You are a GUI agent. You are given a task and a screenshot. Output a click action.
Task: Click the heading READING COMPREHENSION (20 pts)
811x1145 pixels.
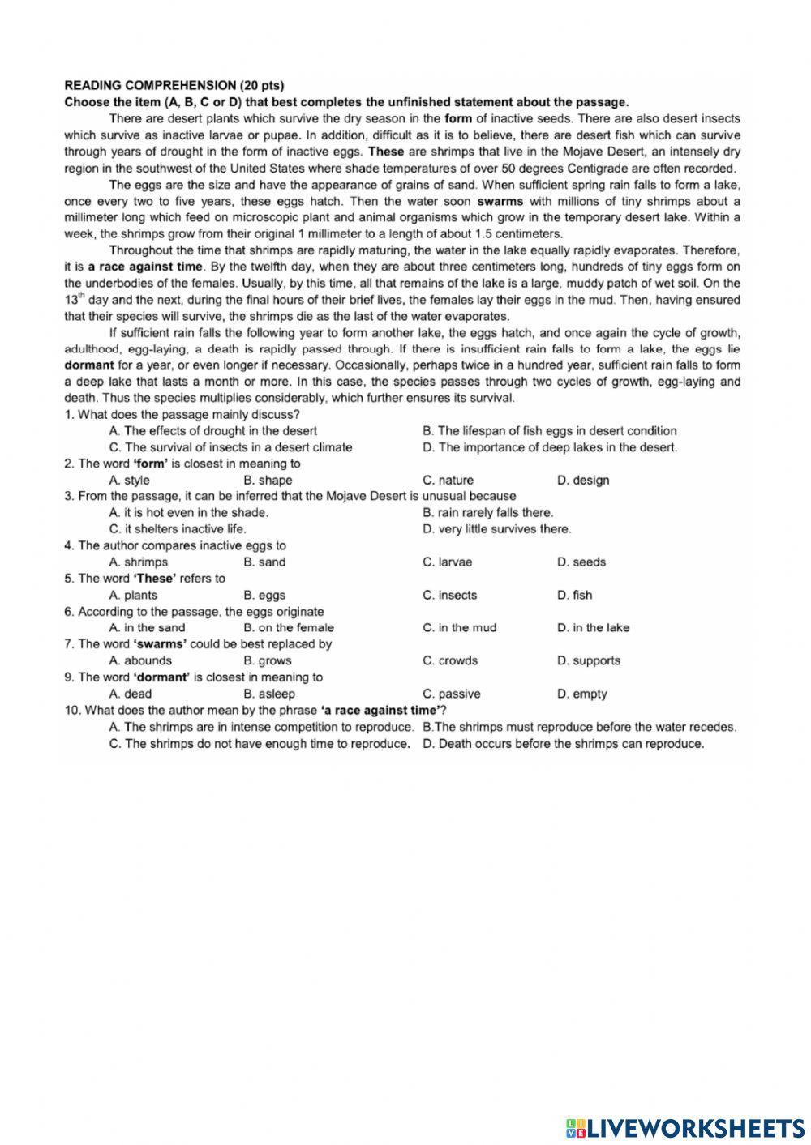coord(174,85)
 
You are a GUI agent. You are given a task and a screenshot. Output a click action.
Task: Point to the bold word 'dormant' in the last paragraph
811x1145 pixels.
coord(88,365)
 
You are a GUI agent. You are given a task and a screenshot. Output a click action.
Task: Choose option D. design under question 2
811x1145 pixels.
coord(582,480)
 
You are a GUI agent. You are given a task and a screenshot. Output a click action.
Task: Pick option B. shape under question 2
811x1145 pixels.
coord(268,480)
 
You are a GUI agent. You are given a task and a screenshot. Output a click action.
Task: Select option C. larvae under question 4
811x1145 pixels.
coord(447,562)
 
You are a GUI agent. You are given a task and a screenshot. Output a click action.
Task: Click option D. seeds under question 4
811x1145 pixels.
coord(581,562)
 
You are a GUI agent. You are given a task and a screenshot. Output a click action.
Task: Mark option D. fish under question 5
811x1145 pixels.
coord(574,595)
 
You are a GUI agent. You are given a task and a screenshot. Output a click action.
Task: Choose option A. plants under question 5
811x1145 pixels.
coord(133,595)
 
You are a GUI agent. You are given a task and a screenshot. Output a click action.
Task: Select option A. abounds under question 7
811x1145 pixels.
coord(139,660)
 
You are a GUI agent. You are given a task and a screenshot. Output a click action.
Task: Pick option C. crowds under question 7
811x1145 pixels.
coord(450,660)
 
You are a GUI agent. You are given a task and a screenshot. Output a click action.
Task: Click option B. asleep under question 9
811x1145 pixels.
coord(269,694)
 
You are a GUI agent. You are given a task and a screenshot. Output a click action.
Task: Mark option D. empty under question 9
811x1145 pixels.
coord(581,694)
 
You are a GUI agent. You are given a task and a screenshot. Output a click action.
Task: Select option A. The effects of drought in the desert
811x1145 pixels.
coord(212,430)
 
